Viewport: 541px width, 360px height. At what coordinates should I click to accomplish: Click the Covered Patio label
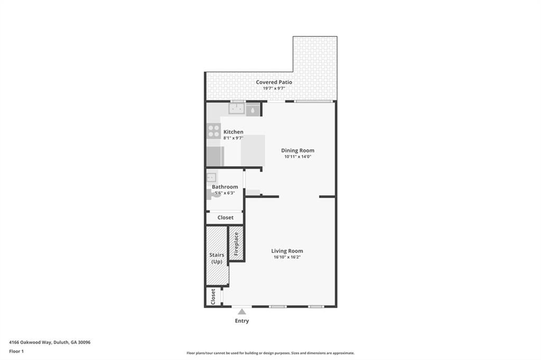[x=274, y=82]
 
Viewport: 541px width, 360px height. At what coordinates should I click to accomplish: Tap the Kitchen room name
[x=233, y=132]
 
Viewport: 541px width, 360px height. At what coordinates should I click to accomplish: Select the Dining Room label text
[x=297, y=150]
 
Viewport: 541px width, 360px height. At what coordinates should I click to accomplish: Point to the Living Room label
[x=287, y=251]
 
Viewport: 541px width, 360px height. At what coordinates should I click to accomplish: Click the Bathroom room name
[x=225, y=187]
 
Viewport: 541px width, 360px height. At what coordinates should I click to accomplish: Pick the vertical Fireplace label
[x=236, y=243]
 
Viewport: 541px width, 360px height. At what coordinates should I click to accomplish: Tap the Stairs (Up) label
[x=217, y=258]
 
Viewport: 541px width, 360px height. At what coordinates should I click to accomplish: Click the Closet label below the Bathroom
[x=225, y=217]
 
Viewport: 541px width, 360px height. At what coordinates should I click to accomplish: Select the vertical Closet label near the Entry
[x=213, y=296]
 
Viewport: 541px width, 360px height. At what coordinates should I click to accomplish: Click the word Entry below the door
[x=241, y=321]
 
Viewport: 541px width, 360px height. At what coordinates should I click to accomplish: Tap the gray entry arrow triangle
[x=241, y=312]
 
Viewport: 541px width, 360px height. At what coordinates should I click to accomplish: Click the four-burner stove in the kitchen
[x=213, y=130]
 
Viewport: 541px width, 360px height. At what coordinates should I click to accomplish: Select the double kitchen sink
[x=236, y=109]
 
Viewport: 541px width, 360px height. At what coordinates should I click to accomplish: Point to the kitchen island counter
[x=253, y=150]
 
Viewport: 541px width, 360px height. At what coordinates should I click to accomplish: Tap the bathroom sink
[x=211, y=177]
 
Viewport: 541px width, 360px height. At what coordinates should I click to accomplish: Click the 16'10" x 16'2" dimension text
[x=287, y=258]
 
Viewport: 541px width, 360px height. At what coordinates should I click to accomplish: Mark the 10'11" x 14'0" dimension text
[x=297, y=157]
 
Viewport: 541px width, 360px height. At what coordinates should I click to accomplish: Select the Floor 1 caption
[x=16, y=351]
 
